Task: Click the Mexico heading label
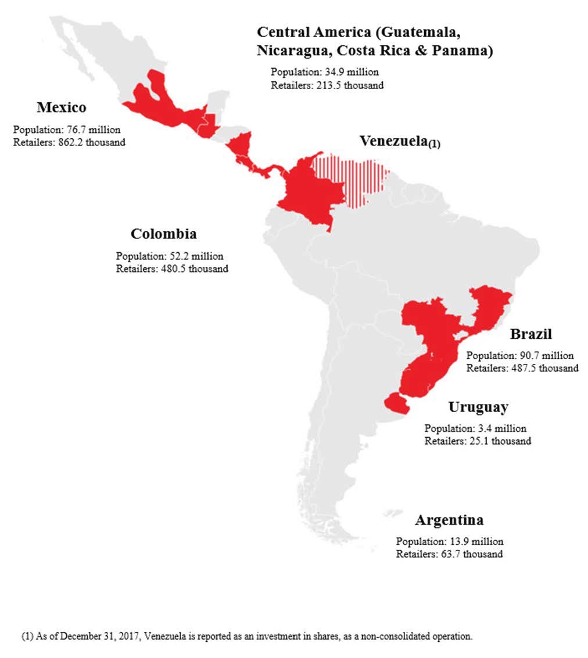point(61,108)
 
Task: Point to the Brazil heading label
point(530,334)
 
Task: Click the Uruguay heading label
point(478,407)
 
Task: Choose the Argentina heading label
point(449,519)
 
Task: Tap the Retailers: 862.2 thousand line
point(69,142)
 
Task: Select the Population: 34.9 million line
point(324,72)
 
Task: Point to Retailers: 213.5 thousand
point(327,85)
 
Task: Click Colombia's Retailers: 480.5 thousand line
point(172,269)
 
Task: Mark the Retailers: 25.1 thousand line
point(478,441)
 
